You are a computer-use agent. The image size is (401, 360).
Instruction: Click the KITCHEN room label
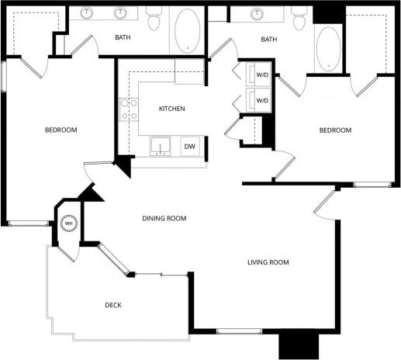click(x=171, y=109)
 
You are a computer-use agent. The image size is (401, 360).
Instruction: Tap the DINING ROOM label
click(x=164, y=219)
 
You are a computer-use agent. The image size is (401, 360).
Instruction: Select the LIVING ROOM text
click(x=268, y=262)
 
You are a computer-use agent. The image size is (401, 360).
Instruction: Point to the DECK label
click(x=113, y=305)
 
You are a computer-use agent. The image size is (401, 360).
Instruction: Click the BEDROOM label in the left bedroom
click(x=60, y=130)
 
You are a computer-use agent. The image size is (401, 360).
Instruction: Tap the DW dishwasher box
click(x=188, y=146)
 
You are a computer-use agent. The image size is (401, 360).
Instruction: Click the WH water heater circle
click(x=68, y=224)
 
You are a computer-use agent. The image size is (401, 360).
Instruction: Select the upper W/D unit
click(x=261, y=76)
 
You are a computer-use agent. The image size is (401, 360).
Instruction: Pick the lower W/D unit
click(x=261, y=100)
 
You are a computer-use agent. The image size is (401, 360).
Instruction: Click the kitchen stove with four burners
click(x=128, y=109)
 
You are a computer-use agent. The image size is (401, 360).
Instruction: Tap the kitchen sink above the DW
click(x=161, y=146)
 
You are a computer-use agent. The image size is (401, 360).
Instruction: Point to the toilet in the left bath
click(x=153, y=19)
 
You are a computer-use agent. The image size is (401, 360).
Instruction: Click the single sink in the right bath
click(x=257, y=14)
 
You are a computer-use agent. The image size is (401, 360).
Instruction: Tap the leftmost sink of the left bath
click(x=88, y=13)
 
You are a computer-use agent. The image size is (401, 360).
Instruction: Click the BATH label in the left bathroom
click(x=123, y=37)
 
